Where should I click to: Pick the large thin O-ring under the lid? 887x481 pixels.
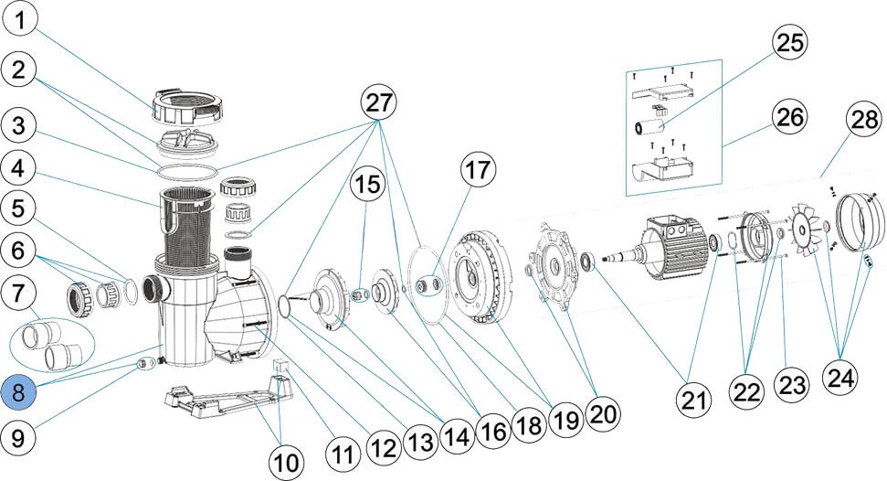pyautogui.click(x=187, y=170)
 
